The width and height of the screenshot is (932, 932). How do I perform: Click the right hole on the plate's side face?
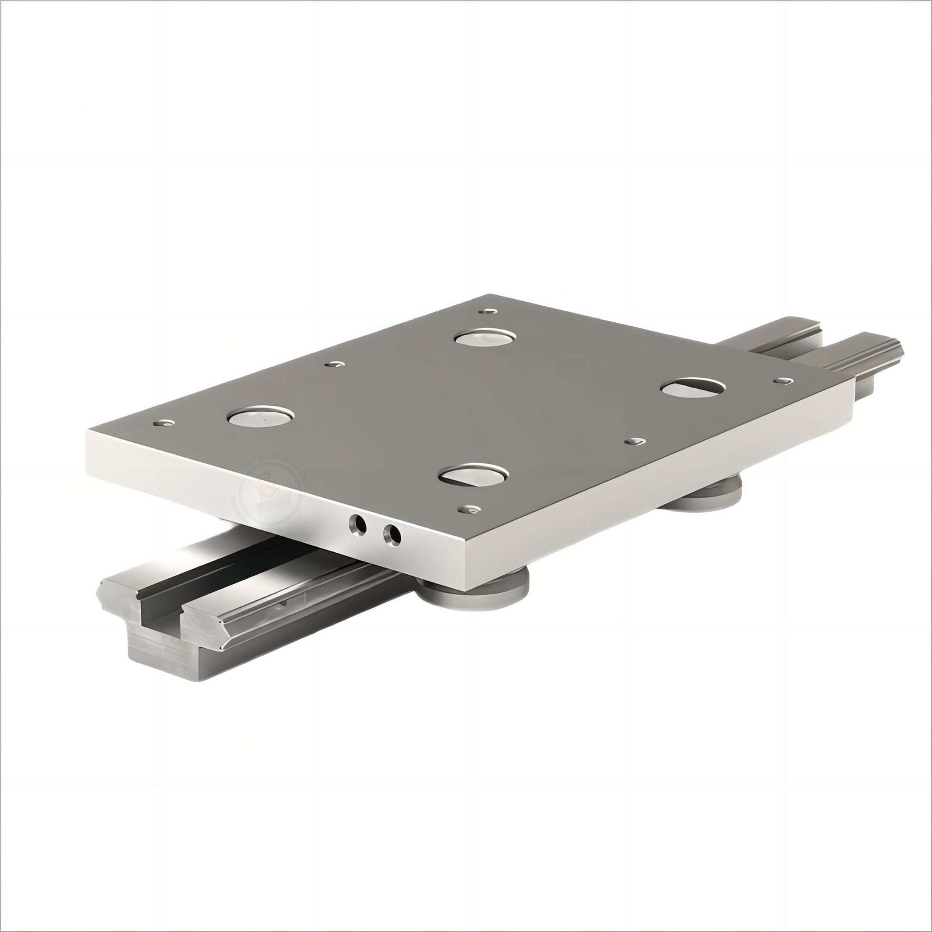pyautogui.click(x=392, y=534)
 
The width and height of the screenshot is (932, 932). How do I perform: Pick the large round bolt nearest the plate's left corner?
pyautogui.click(x=262, y=416)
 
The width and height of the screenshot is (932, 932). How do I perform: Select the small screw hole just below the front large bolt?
pyautogui.click(x=469, y=509)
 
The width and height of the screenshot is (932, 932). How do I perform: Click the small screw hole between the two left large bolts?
pyautogui.click(x=334, y=364)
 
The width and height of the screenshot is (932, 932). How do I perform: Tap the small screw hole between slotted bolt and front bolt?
pyautogui.click(x=635, y=441)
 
